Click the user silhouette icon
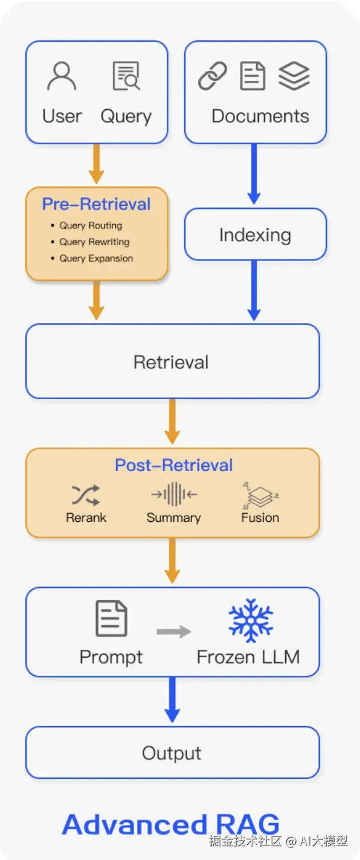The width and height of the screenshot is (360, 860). [x=62, y=76]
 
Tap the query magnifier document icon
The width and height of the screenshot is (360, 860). [x=126, y=76]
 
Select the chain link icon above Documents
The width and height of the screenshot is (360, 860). [x=212, y=76]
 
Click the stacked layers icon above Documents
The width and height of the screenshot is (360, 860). [x=294, y=76]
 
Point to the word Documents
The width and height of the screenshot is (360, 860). [x=260, y=116]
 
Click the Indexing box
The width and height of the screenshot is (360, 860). [x=256, y=234]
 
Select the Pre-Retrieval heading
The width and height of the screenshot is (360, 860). [x=96, y=204]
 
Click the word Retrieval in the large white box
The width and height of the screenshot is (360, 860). [x=171, y=362]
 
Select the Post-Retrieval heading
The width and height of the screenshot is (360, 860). [x=174, y=465]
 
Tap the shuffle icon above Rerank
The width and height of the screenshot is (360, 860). [x=86, y=495]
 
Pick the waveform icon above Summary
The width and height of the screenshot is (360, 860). [x=174, y=494]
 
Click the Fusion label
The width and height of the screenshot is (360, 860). [x=260, y=518]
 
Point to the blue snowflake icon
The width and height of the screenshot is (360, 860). [x=251, y=620]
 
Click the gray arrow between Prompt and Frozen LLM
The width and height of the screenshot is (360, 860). [x=174, y=632]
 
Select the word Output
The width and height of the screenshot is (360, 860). [x=172, y=753]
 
